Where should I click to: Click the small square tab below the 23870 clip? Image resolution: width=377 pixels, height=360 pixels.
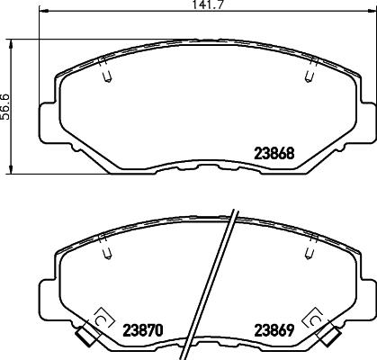coord(86,338)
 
